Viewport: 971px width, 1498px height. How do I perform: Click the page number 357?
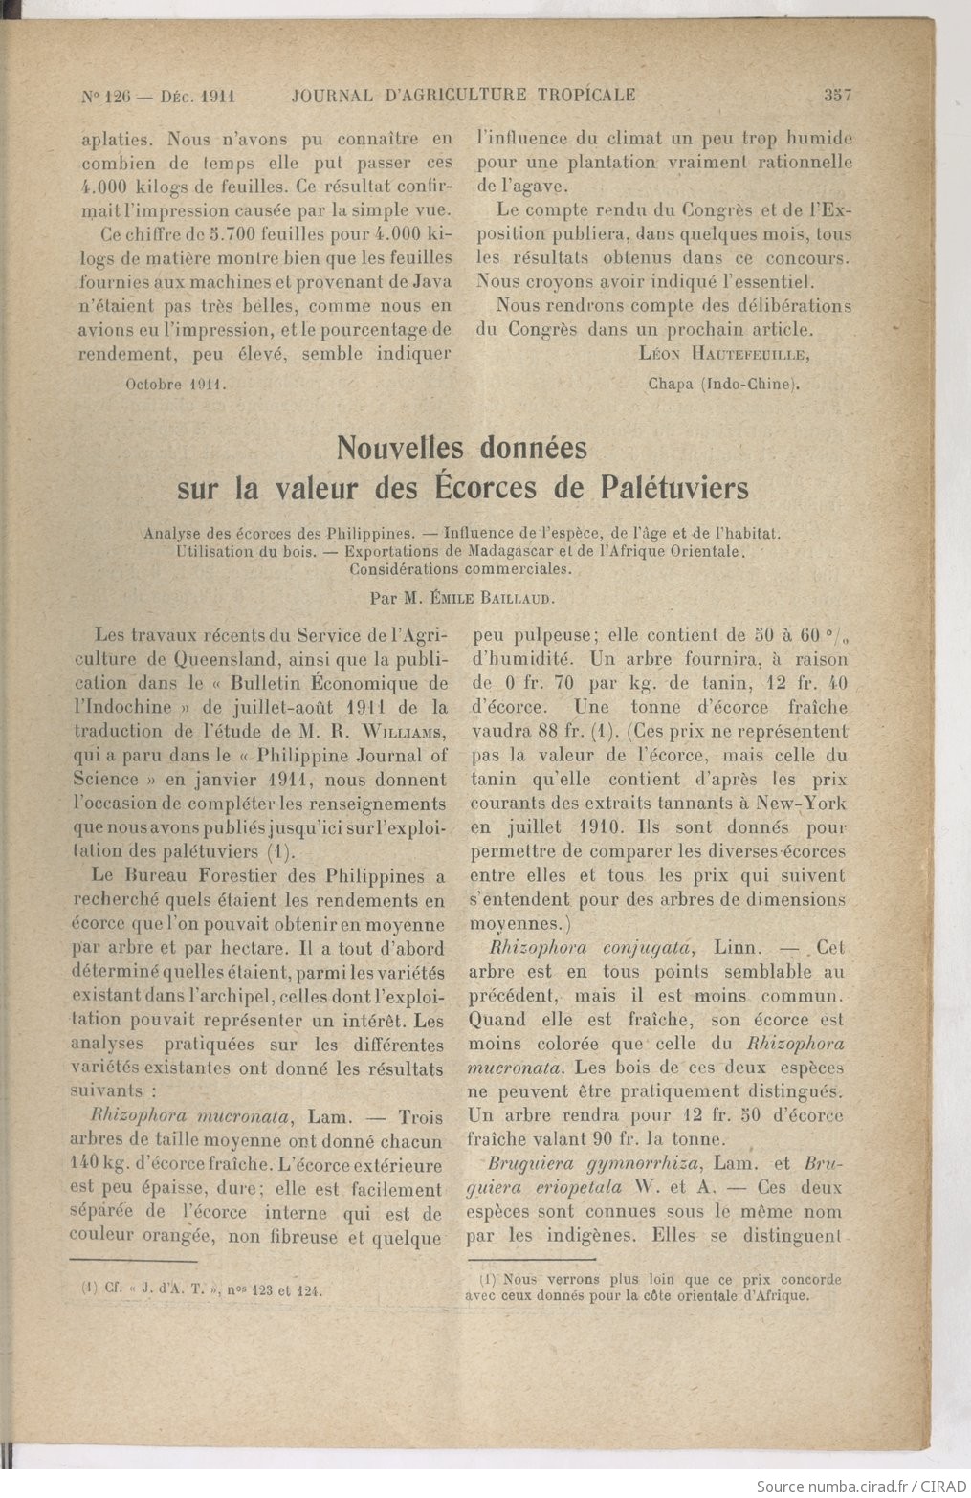[x=836, y=95]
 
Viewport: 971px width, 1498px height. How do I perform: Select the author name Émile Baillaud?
[x=519, y=598]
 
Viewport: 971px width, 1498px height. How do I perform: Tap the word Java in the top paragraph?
[x=429, y=282]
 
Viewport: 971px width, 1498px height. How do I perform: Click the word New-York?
[x=802, y=804]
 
